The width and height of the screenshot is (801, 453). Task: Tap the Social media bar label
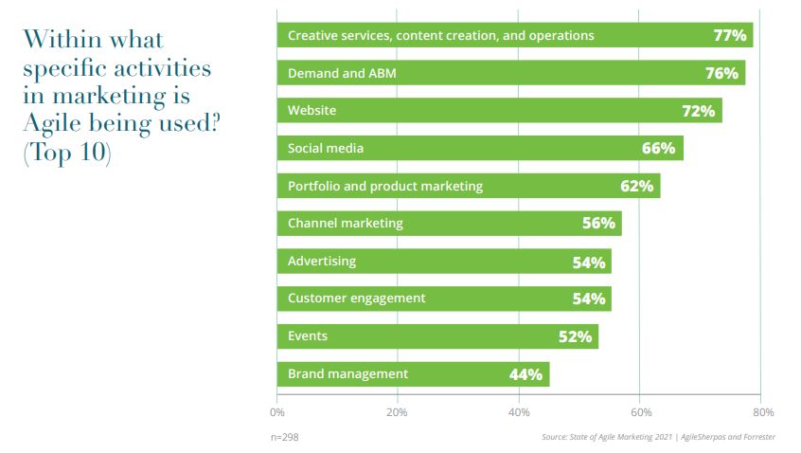click(x=326, y=149)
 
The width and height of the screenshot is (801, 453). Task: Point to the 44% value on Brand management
click(x=525, y=374)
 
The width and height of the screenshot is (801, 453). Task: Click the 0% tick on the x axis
click(x=277, y=412)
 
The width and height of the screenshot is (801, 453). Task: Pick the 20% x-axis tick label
click(x=398, y=412)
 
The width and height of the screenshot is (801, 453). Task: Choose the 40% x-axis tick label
click(x=519, y=412)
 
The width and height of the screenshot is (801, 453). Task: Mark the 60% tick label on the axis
click(x=640, y=412)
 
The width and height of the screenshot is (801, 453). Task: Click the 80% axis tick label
click(x=763, y=412)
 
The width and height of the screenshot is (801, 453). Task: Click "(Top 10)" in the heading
click(x=66, y=154)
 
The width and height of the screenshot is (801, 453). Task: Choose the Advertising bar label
click(x=322, y=262)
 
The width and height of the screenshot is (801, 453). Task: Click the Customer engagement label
click(x=356, y=299)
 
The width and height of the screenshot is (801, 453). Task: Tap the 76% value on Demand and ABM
click(x=722, y=73)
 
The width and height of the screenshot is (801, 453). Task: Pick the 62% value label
click(x=637, y=186)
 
